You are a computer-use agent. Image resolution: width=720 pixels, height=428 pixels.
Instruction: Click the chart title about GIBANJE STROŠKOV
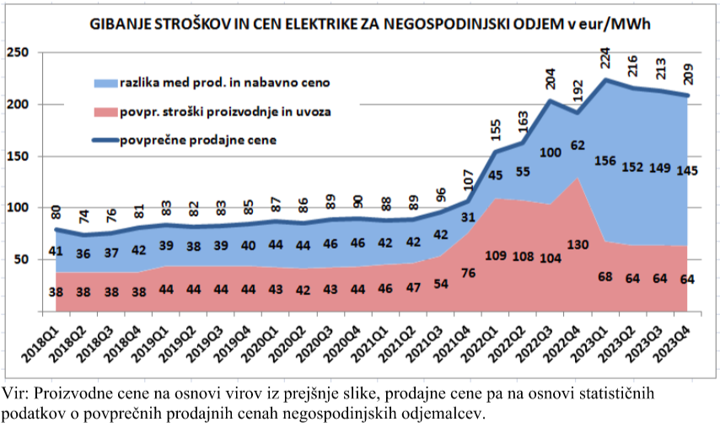coord(370,25)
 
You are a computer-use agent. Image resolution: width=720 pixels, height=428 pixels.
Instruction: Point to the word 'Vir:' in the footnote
coord(16,394)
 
